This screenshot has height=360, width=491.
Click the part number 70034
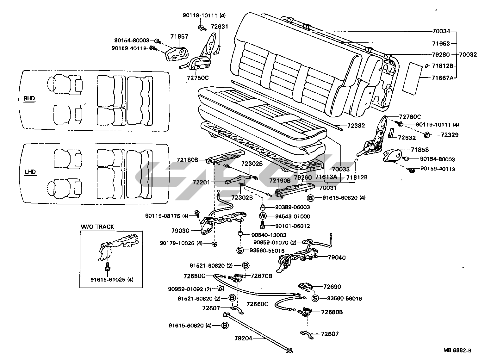click(x=441, y=31)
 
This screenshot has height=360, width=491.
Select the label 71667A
click(x=442, y=78)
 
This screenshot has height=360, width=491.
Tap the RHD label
click(x=29, y=98)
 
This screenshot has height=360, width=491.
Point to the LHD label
click(x=30, y=172)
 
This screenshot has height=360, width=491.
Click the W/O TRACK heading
click(x=97, y=227)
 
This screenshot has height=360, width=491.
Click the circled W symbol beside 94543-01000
click(x=263, y=216)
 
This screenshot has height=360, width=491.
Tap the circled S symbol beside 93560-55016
click(x=240, y=250)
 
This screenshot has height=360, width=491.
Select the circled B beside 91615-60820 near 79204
click(x=225, y=326)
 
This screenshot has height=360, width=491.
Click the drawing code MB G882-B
click(x=457, y=351)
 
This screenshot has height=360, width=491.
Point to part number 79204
click(x=243, y=338)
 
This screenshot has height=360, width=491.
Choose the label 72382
click(x=356, y=126)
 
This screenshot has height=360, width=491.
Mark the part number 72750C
click(x=198, y=78)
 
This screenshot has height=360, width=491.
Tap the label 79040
click(x=337, y=258)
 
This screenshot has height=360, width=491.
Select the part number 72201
click(x=201, y=182)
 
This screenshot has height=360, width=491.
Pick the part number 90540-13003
click(x=269, y=235)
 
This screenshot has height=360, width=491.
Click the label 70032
click(x=468, y=54)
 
